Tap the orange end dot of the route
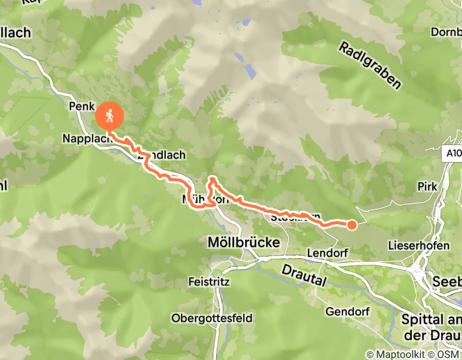pos(352,224)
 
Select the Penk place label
pos(79,106)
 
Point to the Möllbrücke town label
pos(243,242)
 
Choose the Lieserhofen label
pos(419,246)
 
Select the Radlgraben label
pos(369,65)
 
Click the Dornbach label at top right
pos(447,31)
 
